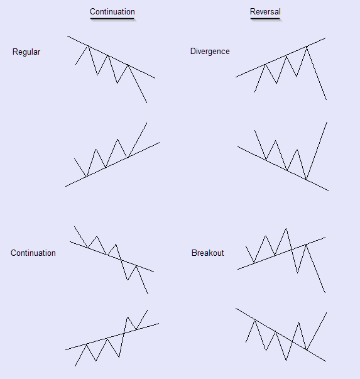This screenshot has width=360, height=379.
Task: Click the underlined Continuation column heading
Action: pos(112,11)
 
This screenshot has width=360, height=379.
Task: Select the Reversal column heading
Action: pos(265,11)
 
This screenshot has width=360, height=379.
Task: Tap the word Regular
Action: pos(26,52)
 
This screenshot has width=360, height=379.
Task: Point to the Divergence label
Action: pos(210,52)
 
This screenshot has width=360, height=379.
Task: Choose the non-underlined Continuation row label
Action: pos(33,253)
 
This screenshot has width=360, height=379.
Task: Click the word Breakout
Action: pos(208,253)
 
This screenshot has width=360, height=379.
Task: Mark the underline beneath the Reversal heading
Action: pos(265,18)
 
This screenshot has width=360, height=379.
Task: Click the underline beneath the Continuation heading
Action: pos(112,18)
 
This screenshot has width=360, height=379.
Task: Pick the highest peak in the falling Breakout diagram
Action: pos(286,228)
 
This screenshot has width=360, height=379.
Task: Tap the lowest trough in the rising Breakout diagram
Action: pos(286,360)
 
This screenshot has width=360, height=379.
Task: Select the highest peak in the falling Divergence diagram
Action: pos(307,46)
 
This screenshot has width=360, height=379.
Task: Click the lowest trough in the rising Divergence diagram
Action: pos(306,180)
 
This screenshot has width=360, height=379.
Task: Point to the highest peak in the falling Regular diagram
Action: pos(89,46)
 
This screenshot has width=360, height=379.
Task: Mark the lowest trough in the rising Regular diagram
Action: pos(87,177)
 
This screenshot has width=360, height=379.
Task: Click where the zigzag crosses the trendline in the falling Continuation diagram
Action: pos(121,260)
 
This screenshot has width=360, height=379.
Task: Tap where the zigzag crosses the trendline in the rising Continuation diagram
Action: pos(124,333)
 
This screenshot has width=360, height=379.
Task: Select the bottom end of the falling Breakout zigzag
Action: pos(325,293)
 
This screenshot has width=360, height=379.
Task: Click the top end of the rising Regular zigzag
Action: pos(147,123)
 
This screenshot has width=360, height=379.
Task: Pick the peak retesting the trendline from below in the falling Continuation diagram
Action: pos(136,266)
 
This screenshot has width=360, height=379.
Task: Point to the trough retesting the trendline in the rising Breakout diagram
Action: pos(307,349)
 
